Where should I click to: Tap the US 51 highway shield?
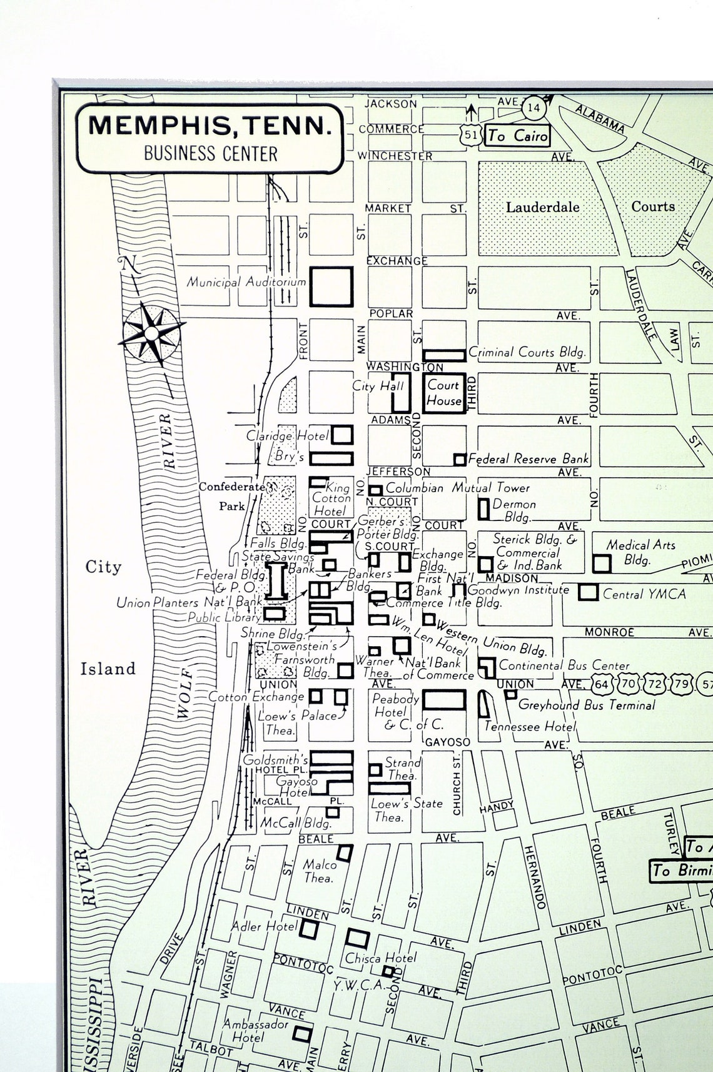(x=472, y=134)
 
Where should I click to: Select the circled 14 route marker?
(x=533, y=108)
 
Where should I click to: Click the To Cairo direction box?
(x=518, y=135)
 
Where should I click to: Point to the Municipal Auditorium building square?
(x=332, y=286)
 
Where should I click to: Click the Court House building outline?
(x=444, y=393)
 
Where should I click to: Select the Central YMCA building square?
(x=588, y=592)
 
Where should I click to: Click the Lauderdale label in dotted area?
(x=542, y=207)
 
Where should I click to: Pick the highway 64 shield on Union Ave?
(x=602, y=684)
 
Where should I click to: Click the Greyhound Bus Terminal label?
(x=587, y=705)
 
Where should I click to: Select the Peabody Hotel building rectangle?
(x=444, y=700)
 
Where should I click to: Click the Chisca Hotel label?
(x=381, y=958)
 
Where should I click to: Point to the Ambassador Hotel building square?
(x=303, y=1034)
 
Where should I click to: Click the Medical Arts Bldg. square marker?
(x=602, y=563)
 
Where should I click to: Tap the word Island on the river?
(x=108, y=669)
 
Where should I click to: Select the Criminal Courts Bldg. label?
(x=527, y=352)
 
